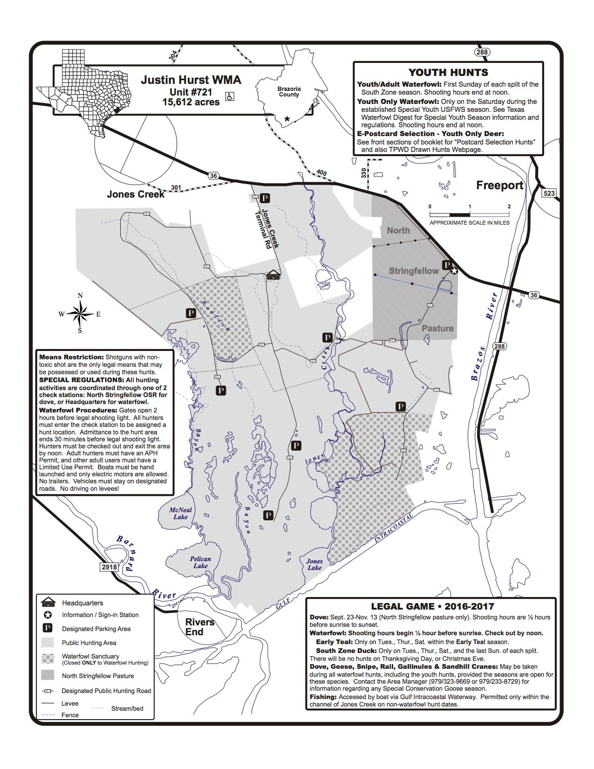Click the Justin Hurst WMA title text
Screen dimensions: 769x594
191,80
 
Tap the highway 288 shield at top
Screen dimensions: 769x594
482,52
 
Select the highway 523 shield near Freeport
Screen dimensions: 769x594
549,193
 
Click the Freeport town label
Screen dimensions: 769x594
499,185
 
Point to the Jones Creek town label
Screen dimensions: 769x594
136,194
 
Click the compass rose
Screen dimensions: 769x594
80,314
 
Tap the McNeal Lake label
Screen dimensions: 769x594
180,513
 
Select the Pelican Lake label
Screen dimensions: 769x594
200,562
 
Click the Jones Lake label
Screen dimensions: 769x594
314,564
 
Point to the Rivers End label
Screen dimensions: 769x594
200,627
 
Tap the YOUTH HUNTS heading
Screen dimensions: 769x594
448,72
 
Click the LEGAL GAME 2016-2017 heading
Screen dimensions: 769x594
432,606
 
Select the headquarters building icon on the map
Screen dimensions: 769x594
273,275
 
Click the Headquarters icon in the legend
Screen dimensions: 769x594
48,603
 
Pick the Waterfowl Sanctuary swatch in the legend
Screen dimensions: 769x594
48,659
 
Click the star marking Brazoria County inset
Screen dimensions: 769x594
287,119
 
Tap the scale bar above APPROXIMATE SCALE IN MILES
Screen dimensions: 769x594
469,214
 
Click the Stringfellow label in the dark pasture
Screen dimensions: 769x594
414,271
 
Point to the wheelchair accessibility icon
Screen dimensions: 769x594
230,96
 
